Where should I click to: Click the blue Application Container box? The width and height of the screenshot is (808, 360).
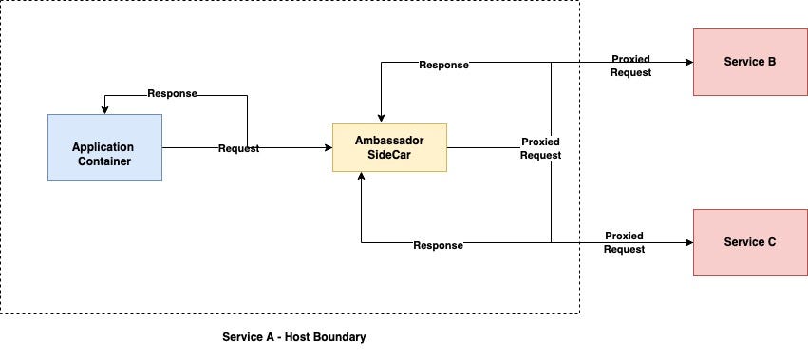click(104, 147)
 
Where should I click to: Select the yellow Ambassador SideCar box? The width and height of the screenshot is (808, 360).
click(388, 147)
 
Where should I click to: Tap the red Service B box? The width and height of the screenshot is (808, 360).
click(750, 62)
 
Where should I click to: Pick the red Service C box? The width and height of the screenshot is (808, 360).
click(750, 242)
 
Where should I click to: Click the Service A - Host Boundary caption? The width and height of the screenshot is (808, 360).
click(293, 337)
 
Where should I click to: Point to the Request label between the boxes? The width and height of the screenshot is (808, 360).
click(238, 148)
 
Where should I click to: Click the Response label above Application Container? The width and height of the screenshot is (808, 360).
click(172, 94)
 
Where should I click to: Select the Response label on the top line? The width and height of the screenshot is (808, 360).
click(443, 65)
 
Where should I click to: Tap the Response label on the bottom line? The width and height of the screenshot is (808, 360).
click(438, 245)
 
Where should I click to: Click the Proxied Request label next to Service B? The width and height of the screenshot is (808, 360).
click(630, 66)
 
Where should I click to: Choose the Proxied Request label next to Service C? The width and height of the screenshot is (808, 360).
click(625, 242)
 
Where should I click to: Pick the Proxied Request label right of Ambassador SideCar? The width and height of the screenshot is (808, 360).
click(541, 148)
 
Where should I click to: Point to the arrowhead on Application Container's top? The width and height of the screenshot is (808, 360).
click(104, 109)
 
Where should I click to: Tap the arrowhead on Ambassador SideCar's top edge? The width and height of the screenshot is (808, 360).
click(381, 118)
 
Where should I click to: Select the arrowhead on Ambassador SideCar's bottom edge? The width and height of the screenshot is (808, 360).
click(361, 178)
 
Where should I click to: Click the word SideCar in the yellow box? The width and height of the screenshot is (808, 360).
click(388, 155)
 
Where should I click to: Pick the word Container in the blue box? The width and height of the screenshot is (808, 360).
click(104, 161)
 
